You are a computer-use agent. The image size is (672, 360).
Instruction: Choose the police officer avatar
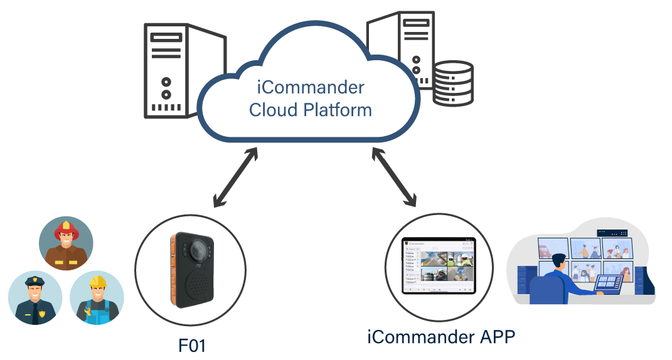35,297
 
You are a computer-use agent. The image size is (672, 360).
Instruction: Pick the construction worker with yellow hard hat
97,298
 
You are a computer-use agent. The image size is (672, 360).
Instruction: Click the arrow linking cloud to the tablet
394,177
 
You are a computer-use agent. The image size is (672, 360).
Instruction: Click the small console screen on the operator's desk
607,283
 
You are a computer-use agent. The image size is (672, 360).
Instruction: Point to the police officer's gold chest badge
42,314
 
